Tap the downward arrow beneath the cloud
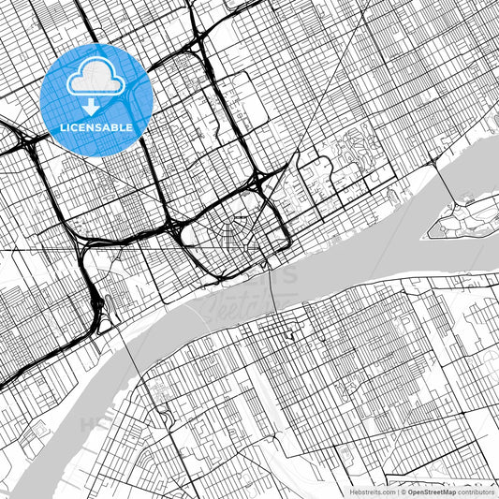(91, 109)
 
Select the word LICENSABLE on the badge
(96, 127)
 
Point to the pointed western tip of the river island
(430, 230)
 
